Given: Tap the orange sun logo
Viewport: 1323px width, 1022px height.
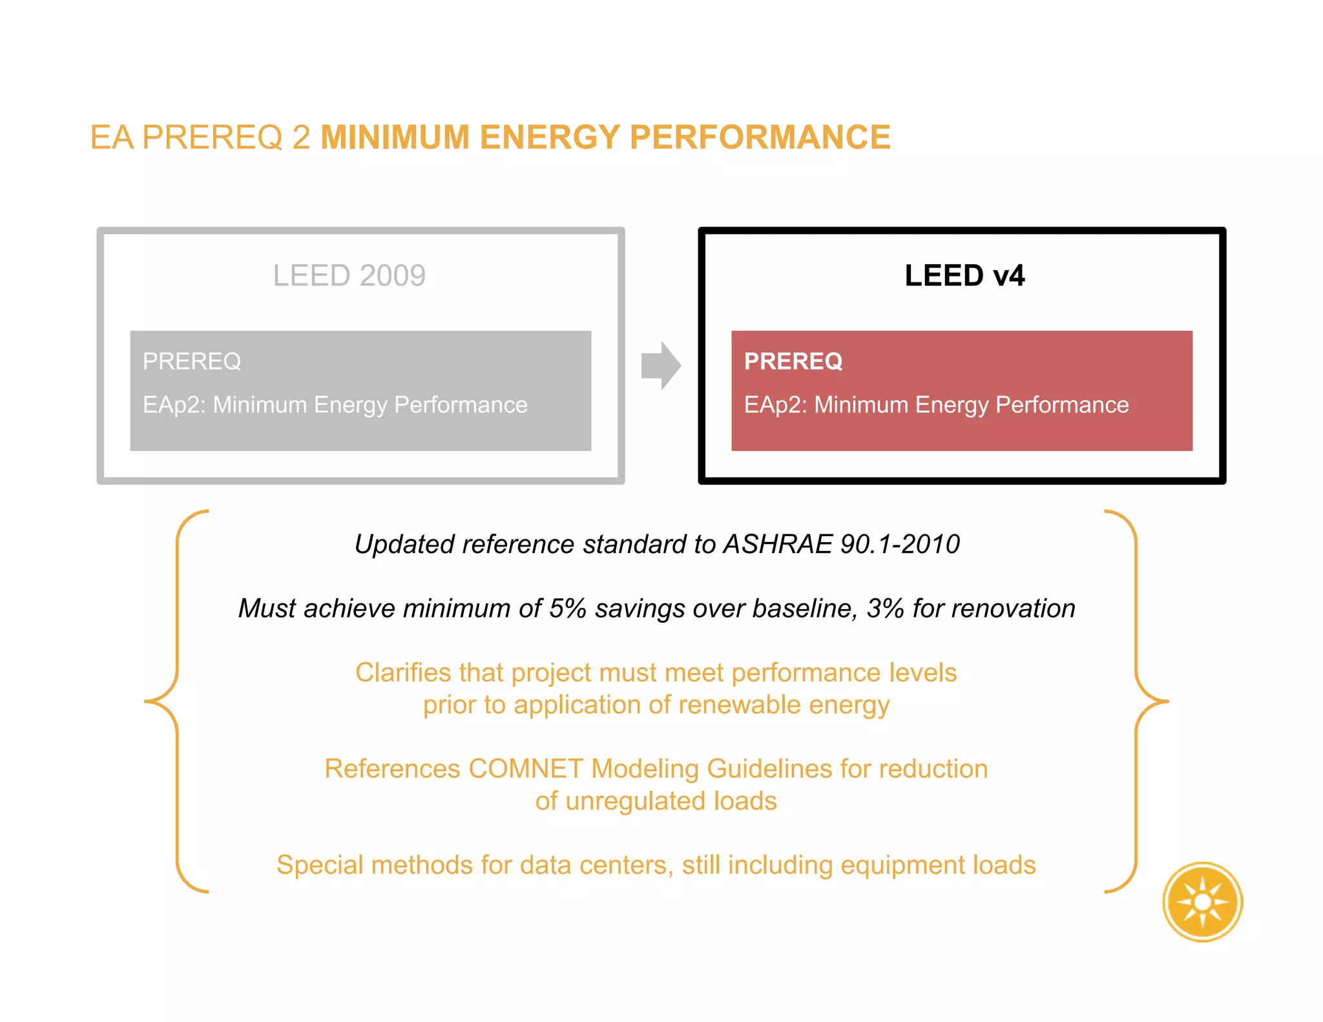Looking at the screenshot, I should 1202,902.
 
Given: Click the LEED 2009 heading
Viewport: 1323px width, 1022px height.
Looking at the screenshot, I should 349,276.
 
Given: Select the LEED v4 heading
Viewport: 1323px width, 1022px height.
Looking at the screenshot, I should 964,276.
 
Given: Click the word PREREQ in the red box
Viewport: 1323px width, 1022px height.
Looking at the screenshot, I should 793,361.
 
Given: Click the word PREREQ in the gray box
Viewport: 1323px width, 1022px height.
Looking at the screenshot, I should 191,361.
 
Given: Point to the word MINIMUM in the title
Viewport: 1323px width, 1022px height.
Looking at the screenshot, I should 395,138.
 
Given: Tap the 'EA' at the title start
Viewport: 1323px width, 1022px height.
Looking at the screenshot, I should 112,138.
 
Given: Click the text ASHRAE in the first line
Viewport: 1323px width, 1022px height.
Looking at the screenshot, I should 777,544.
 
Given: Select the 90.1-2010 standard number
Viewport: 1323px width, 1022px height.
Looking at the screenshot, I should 900,544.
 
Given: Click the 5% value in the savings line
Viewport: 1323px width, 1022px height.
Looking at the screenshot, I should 567,609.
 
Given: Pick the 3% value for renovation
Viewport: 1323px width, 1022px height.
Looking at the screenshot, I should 884,609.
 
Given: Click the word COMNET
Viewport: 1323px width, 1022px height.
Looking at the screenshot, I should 525,769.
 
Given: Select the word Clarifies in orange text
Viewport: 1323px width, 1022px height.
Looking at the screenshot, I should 403,673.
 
